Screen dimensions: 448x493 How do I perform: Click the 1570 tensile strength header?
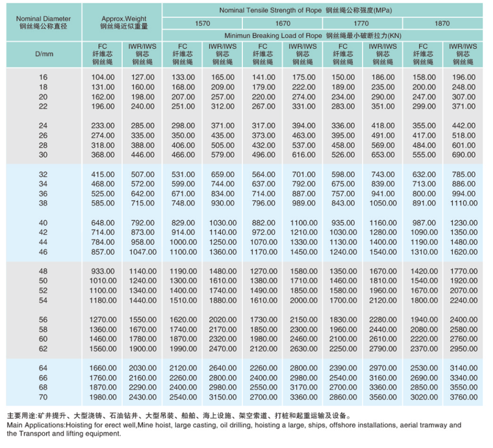coord(202,23)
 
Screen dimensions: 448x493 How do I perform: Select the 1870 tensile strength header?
coord(442,23)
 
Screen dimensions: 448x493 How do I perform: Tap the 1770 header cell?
coord(362,23)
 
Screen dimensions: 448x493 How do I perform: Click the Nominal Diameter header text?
coord(43,19)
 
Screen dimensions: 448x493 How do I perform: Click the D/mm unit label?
coord(44,54)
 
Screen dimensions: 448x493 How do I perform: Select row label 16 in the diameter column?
coord(44,77)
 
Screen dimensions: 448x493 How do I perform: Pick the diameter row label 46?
coord(44,252)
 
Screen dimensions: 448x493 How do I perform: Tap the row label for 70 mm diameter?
coord(44,397)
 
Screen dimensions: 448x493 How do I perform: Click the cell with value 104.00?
coord(103,77)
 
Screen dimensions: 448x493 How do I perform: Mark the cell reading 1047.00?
coord(142,252)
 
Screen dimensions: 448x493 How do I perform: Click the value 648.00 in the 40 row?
coord(103,223)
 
